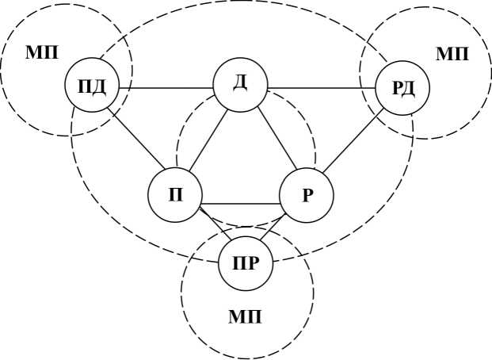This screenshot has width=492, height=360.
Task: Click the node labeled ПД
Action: click(x=93, y=86)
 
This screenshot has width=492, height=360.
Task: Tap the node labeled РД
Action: click(x=402, y=86)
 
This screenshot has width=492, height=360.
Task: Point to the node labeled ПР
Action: click(x=246, y=262)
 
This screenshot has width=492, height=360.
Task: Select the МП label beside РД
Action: click(x=452, y=54)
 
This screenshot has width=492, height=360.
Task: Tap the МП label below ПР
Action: click(x=246, y=318)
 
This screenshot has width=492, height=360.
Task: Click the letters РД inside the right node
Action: click(x=402, y=86)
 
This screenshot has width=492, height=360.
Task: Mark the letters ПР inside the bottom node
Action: click(x=246, y=262)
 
